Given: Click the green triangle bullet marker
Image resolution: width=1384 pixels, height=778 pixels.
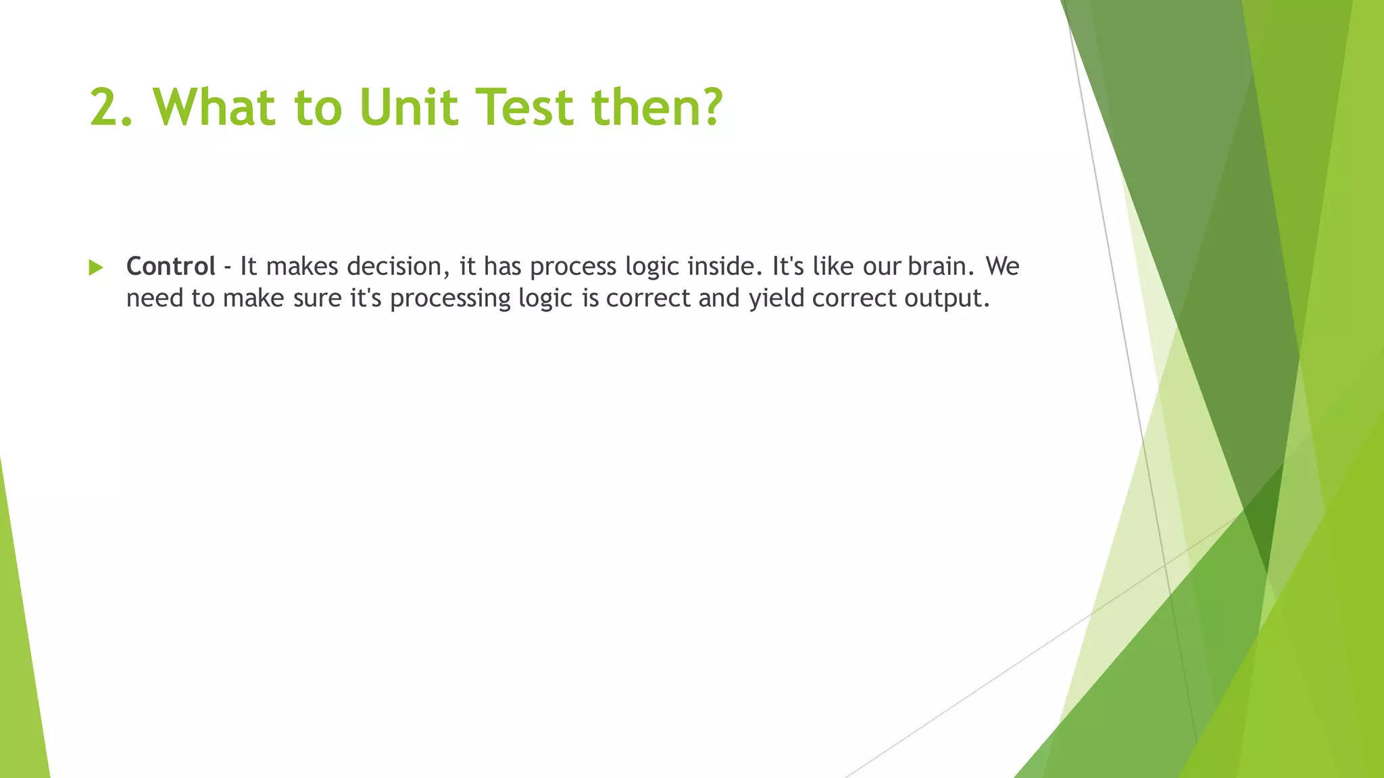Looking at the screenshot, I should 96,268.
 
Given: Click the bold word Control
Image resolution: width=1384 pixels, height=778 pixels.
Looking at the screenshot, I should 171,266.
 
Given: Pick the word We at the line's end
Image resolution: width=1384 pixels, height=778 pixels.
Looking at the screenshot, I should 1002,266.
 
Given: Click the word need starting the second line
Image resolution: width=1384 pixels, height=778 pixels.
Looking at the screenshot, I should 154,299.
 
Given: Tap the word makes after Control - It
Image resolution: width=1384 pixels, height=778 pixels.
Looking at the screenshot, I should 302,266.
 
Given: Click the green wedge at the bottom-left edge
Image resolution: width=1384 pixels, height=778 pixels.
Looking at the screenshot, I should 20,675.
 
